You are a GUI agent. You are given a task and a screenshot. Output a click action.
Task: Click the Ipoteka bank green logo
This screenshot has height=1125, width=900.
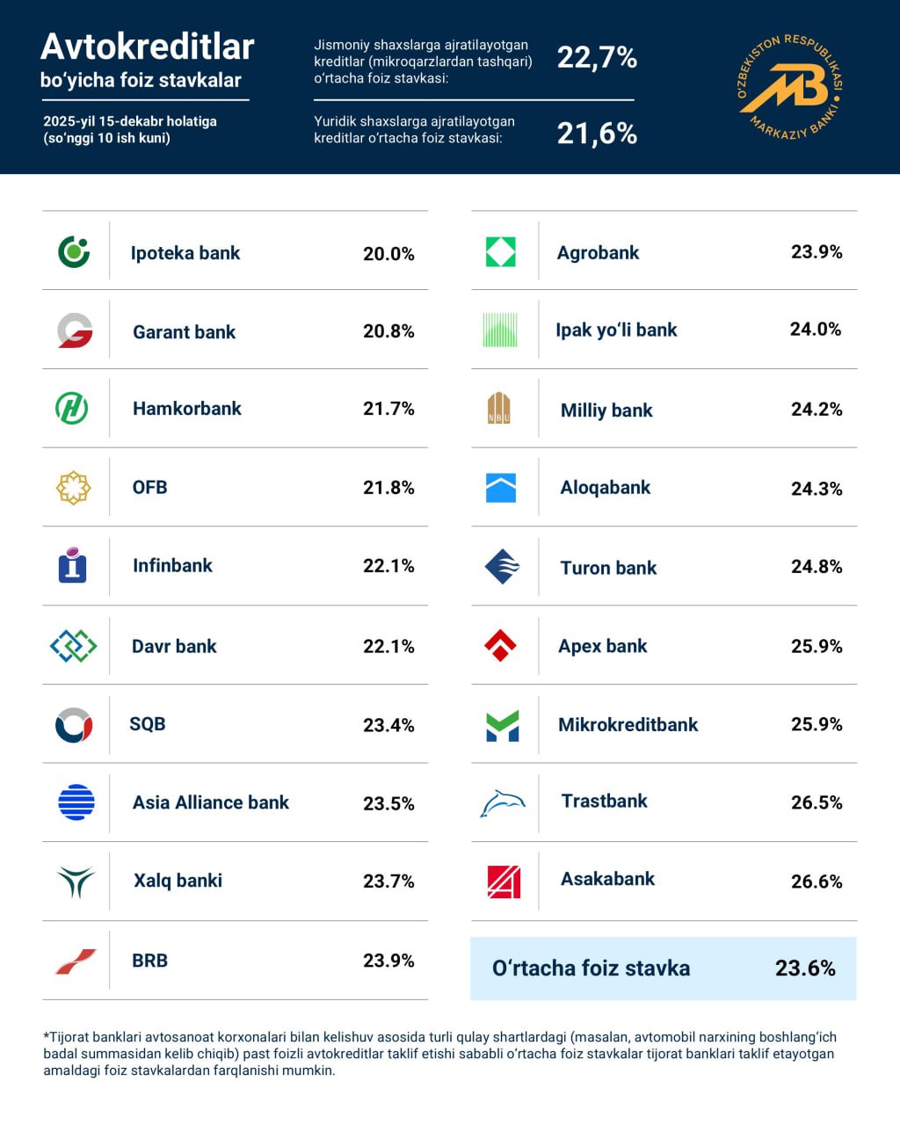click(x=74, y=251)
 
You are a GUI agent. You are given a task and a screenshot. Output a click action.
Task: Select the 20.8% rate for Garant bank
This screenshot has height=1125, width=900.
click(x=388, y=331)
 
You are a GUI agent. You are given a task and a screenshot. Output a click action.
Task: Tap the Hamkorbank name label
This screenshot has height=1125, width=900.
click(x=186, y=409)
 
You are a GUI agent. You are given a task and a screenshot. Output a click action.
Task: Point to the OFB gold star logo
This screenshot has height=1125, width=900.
click(x=74, y=488)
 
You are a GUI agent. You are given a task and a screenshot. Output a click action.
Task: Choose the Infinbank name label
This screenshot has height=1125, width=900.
click(x=172, y=566)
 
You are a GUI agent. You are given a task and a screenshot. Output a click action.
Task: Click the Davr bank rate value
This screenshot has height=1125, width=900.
click(x=388, y=646)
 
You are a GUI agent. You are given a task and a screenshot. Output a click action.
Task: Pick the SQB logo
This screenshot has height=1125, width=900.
click(x=74, y=725)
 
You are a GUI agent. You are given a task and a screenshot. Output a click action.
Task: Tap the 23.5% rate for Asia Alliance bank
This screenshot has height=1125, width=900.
click(x=388, y=803)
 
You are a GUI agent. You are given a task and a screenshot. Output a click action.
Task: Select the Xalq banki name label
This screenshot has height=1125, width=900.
click(x=178, y=881)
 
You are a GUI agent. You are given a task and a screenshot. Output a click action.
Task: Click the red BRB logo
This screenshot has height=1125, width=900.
click(x=75, y=962)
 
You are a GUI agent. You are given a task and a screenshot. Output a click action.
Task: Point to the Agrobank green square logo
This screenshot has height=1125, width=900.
click(x=501, y=252)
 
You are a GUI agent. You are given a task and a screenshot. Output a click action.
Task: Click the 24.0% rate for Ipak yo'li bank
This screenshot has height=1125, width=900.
click(x=816, y=330)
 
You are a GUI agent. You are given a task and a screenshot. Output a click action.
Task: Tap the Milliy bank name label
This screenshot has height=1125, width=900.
click(x=606, y=410)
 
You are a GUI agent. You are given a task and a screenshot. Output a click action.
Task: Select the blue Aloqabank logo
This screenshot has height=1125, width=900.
click(x=501, y=488)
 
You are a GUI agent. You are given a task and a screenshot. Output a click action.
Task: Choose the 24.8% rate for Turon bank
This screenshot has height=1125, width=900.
click(x=817, y=567)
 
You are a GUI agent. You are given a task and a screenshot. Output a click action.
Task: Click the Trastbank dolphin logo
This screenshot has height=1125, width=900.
click(x=502, y=803)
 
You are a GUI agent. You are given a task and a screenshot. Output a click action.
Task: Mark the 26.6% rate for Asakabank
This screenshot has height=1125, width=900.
click(x=817, y=882)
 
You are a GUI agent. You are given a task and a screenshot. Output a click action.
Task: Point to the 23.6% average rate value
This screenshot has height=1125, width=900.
click(x=805, y=969)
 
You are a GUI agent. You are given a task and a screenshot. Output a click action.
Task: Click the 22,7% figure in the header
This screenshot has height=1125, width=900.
click(x=597, y=58)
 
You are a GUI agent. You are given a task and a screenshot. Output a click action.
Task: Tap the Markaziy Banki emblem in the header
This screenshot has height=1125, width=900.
click(x=788, y=87)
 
